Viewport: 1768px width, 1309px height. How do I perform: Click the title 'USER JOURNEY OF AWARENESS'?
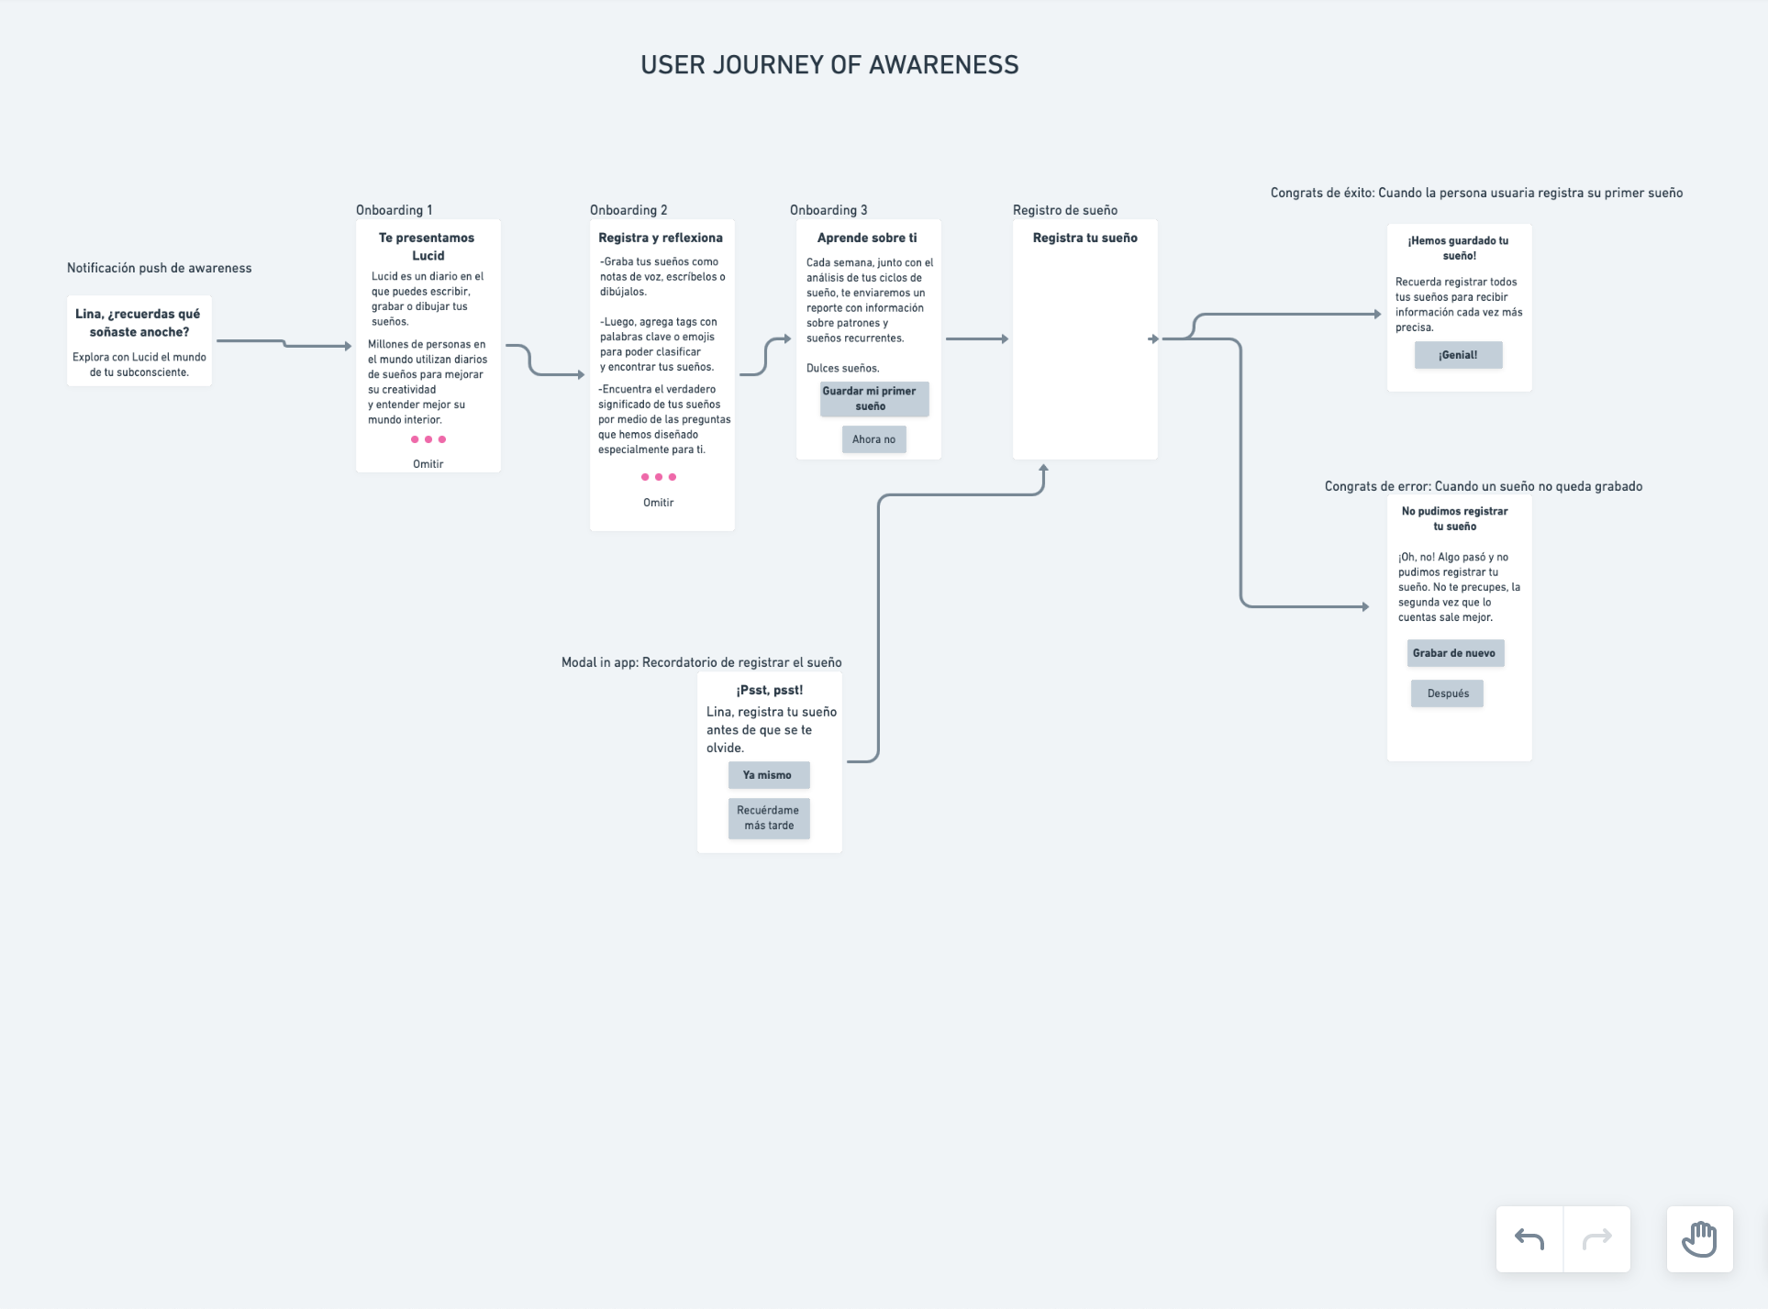(829, 65)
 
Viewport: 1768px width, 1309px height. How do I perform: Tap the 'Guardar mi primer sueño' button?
(873, 399)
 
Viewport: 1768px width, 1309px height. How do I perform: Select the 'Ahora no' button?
(873, 439)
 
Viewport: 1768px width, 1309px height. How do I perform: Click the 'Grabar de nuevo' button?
(1454, 653)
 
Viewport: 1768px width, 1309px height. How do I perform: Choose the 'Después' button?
(1447, 693)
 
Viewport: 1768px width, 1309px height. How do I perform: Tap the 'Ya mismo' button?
(768, 775)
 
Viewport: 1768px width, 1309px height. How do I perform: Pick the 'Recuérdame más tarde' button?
(769, 818)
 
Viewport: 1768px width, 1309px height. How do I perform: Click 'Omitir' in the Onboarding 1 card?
(428, 464)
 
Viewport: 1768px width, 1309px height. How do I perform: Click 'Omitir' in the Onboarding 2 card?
(658, 503)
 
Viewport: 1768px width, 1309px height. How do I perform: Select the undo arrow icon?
(1529, 1239)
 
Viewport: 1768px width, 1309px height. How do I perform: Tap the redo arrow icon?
(1596, 1239)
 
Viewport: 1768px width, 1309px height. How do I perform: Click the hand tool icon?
(1699, 1239)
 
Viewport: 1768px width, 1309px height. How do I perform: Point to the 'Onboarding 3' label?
(828, 210)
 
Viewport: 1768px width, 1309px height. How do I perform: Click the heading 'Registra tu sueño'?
(1084, 238)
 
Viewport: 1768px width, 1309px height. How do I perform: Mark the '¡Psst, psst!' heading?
(769, 690)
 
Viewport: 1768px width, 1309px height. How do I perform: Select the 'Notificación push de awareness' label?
(159, 268)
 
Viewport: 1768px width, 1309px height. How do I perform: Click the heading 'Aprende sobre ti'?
(867, 238)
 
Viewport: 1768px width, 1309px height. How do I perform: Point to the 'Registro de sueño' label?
(1064, 210)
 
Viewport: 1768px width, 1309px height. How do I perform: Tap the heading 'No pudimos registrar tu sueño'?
(1454, 518)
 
